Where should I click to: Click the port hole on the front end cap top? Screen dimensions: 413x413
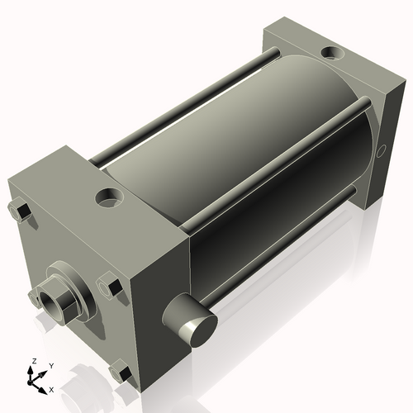pyautogui.click(x=108, y=198)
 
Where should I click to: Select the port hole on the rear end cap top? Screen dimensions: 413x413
pyautogui.click(x=332, y=54)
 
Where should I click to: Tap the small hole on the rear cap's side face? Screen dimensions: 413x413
pyautogui.click(x=381, y=152)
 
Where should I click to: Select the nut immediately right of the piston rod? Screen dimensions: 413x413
pyautogui.click(x=112, y=286)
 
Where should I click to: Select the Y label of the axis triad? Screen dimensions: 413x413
pyautogui.click(x=50, y=365)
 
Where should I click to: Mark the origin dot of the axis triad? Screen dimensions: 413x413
pyautogui.click(x=33, y=379)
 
